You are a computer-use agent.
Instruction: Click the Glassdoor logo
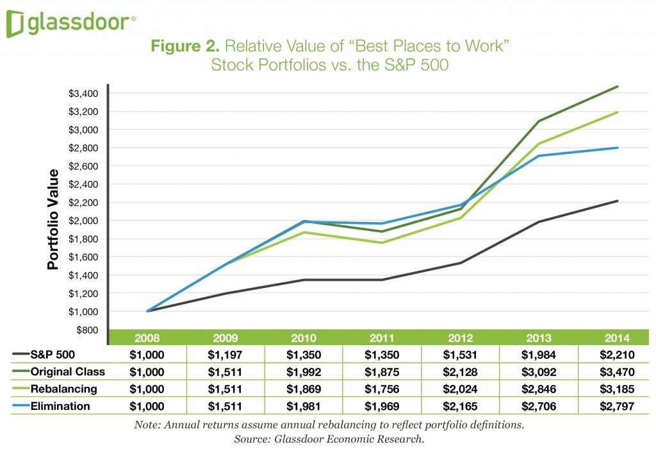coord(70,24)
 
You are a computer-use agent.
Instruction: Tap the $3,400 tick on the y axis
coord(82,94)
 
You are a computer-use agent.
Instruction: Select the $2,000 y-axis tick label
coord(82,221)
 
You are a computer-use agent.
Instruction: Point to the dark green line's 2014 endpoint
coord(617,87)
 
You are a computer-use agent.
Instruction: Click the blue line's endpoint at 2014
coord(617,148)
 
